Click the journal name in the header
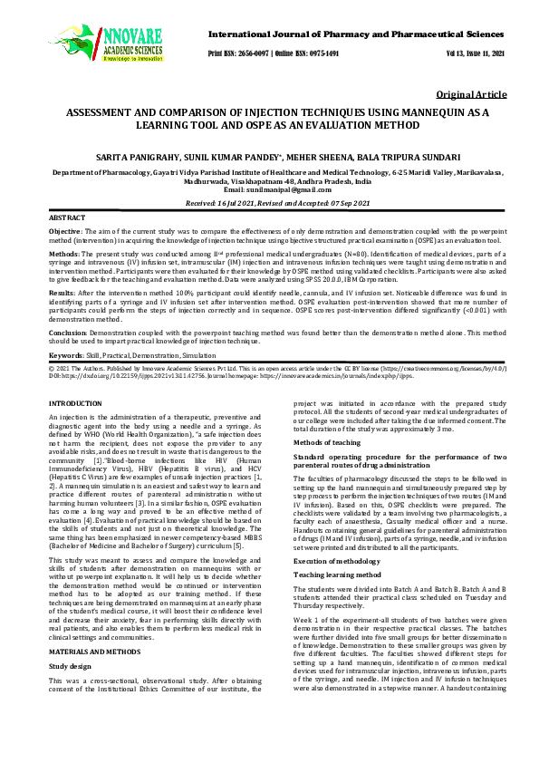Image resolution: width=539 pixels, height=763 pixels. (x=355, y=33)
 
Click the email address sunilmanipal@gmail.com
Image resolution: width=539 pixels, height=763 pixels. (x=270, y=190)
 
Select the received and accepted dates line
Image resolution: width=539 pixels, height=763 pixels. (x=269, y=205)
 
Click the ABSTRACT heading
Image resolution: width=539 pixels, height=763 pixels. (x=67, y=219)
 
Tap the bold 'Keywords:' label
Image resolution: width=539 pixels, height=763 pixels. (x=66, y=356)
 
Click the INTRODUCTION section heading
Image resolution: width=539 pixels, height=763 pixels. (x=75, y=401)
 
